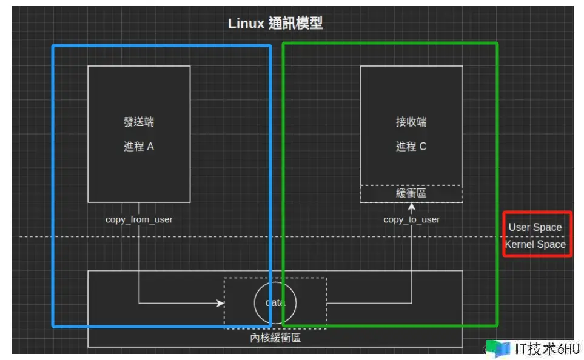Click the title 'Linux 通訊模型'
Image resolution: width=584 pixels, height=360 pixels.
275,24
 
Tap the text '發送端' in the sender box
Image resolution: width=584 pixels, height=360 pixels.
139,122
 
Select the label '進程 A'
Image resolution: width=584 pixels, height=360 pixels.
139,146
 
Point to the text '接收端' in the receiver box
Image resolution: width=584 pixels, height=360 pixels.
411,122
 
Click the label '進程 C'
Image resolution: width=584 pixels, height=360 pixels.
411,146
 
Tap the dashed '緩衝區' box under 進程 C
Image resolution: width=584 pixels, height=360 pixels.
411,193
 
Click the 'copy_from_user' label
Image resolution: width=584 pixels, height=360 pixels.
139,219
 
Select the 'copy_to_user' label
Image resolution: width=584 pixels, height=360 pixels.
412,219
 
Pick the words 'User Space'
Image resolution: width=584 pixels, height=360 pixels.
535,227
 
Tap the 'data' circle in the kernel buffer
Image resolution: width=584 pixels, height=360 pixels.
275,302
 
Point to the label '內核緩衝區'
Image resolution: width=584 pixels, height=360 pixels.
275,338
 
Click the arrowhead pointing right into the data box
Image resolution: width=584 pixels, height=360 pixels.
220,302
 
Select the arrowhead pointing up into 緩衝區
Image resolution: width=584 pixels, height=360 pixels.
412,207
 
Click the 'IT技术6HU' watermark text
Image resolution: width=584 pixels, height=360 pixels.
548,348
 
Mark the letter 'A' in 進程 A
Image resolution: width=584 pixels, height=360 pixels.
150,146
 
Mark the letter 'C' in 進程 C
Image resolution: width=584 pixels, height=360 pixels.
423,146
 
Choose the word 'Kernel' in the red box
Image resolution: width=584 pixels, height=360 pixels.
519,244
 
